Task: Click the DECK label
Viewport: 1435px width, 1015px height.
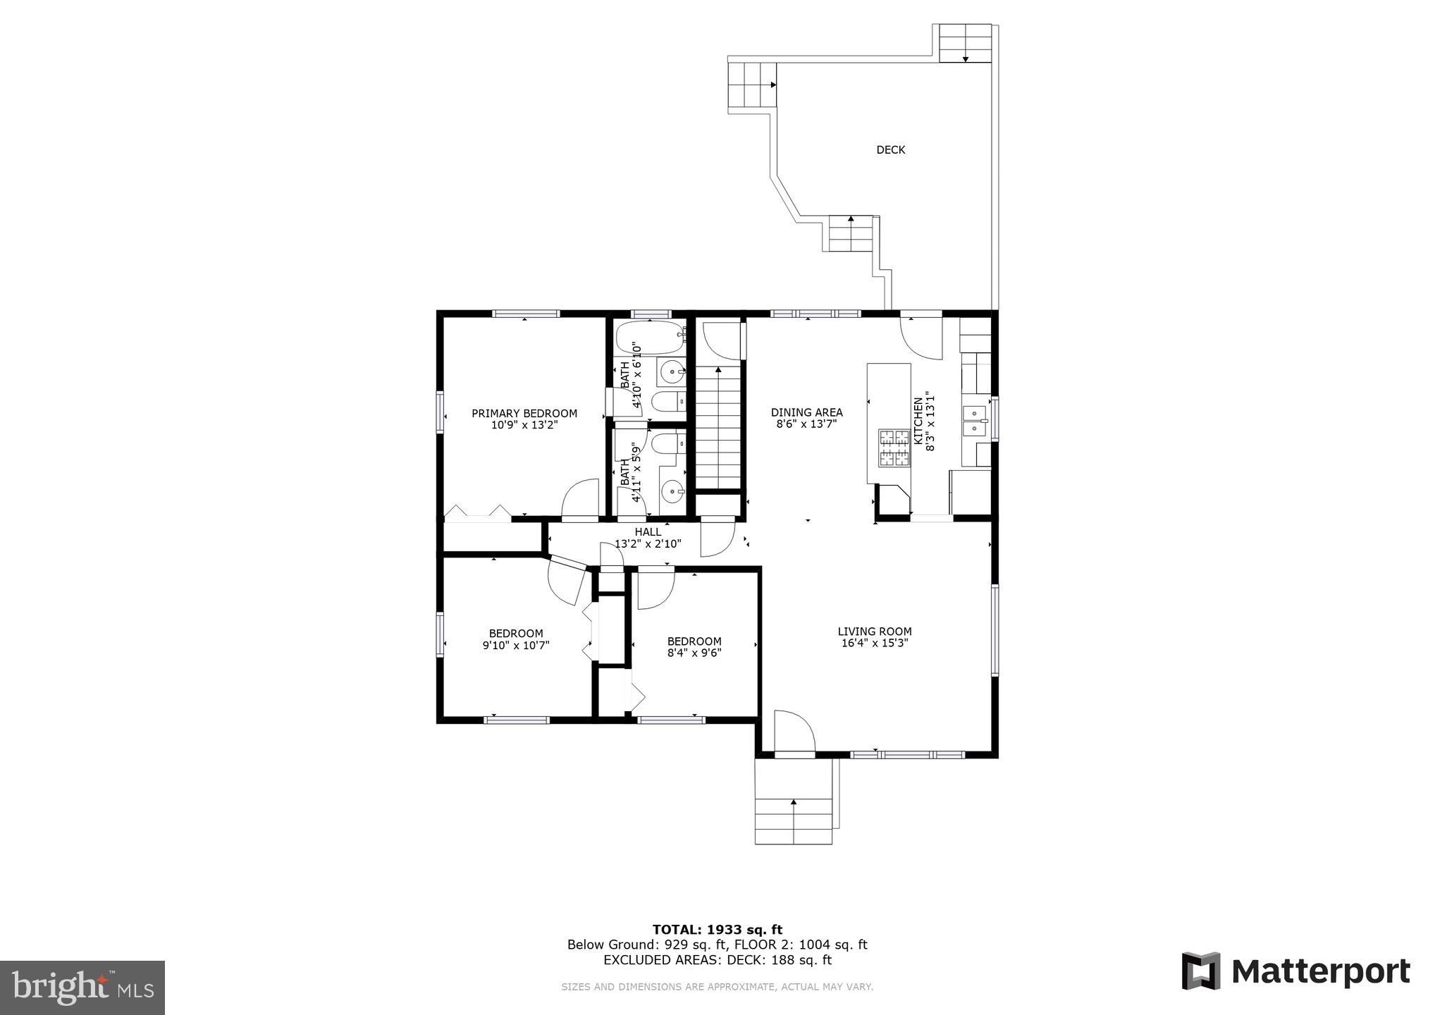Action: coord(890,150)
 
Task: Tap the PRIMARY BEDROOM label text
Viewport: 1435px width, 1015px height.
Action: coord(524,414)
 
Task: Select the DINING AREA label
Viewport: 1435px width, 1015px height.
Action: coord(806,413)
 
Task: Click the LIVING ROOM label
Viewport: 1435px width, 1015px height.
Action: coord(874,632)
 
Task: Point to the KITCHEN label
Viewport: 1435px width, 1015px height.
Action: coord(918,421)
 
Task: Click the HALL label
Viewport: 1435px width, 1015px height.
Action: coord(648,532)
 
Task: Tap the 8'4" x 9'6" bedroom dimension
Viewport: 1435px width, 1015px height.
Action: coord(694,653)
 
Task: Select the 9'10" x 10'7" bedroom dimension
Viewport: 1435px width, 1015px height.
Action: coord(516,645)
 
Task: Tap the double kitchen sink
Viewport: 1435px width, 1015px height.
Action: coord(975,420)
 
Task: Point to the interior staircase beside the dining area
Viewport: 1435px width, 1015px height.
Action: coord(719,427)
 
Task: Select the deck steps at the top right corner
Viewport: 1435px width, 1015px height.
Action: coord(965,44)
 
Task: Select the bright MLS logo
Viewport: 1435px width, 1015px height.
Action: coord(82,987)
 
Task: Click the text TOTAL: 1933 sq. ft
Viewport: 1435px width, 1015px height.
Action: coord(717,930)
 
